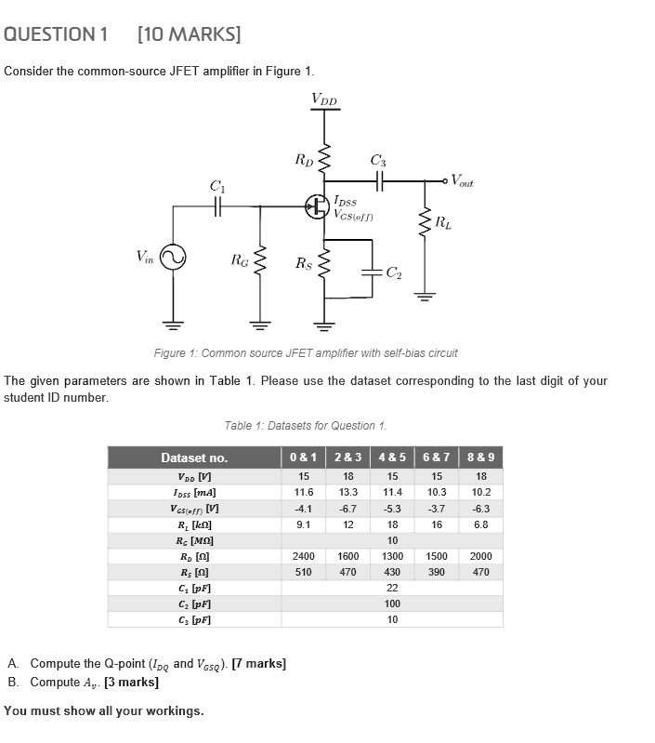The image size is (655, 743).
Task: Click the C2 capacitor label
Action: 394,272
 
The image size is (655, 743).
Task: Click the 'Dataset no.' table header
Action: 194,458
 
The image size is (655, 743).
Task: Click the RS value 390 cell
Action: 436,572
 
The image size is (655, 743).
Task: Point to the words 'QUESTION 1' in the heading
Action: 57,35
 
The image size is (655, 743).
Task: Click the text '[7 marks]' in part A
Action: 259,664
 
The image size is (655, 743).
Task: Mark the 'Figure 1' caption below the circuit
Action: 305,352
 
